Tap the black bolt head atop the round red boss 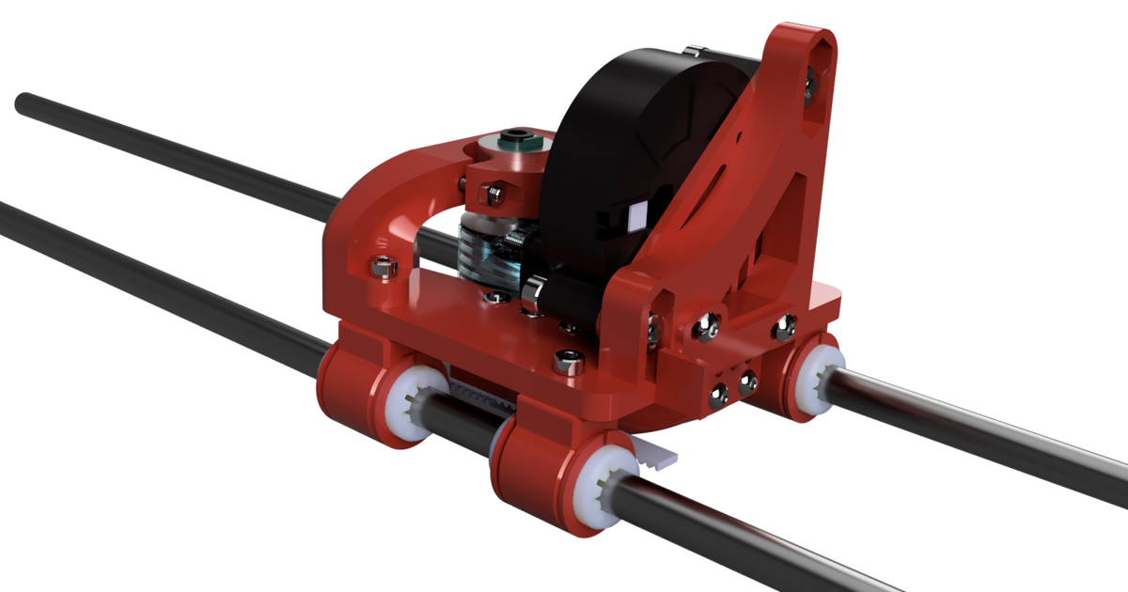click(512, 143)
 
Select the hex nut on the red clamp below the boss click(490, 195)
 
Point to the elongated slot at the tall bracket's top click(819, 52)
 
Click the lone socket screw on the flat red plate click(567, 358)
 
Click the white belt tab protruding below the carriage click(659, 455)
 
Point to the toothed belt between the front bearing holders click(484, 396)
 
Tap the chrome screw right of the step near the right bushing click(784, 327)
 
